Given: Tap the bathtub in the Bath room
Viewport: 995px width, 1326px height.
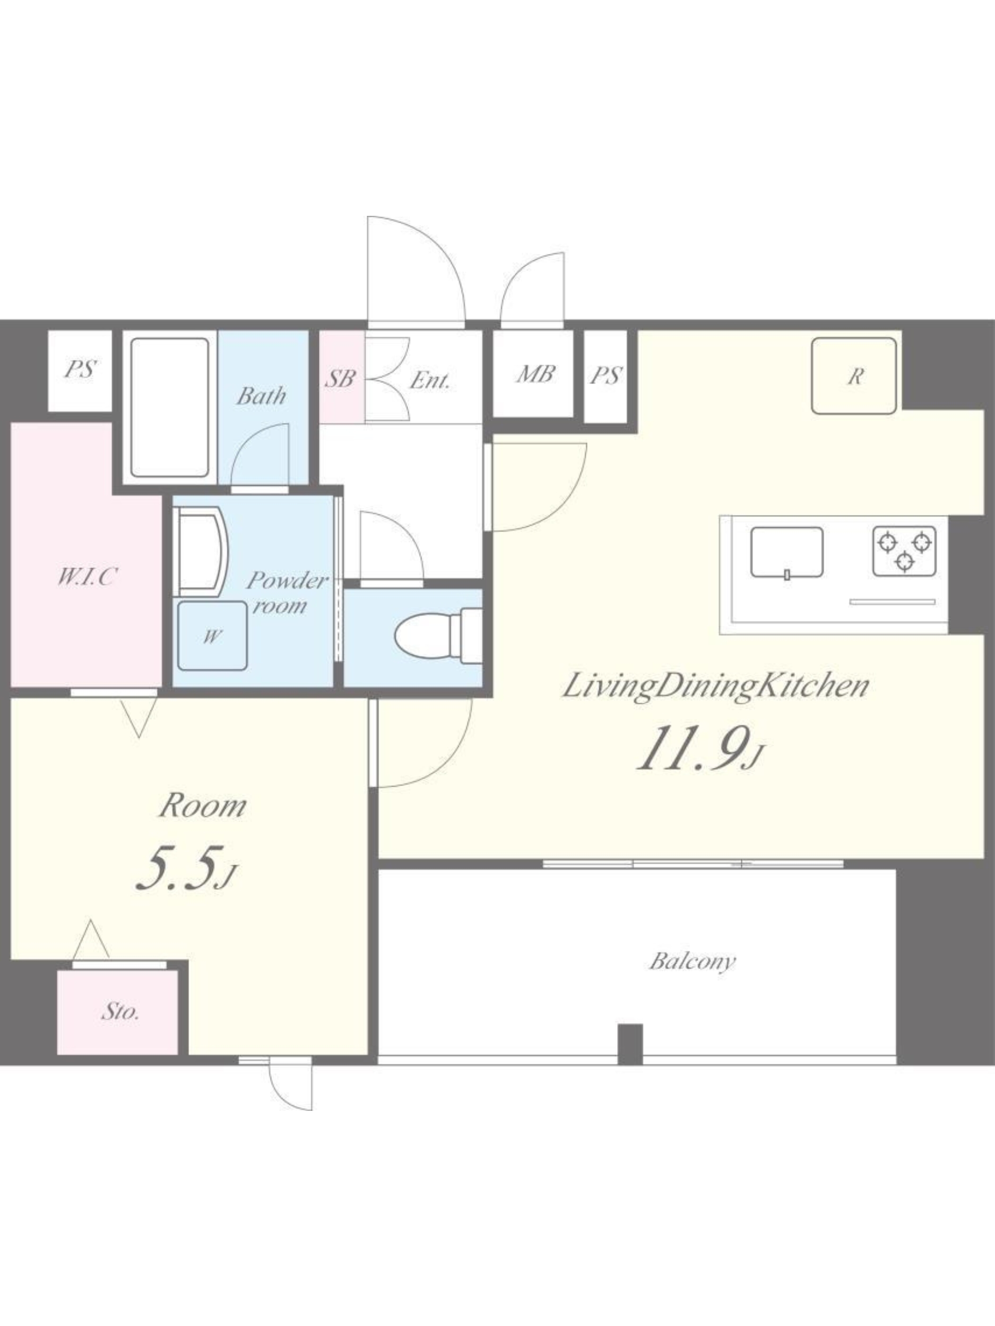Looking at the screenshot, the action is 170,408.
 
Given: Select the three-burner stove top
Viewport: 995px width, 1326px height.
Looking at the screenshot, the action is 904,551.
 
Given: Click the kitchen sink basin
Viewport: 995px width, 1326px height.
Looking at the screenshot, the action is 786,552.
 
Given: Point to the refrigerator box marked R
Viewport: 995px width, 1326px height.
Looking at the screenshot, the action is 854,376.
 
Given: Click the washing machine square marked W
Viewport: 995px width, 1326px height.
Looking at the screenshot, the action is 212,635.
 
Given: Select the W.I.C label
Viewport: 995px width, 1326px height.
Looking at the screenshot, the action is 86,577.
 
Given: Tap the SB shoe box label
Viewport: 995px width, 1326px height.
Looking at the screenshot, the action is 341,378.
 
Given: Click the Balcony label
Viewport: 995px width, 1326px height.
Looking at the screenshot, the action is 691,962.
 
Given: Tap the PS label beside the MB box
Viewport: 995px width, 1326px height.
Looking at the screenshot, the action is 606,376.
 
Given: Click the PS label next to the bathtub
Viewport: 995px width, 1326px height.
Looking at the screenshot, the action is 80,369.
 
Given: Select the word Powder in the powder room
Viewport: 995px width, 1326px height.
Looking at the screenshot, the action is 287,580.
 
